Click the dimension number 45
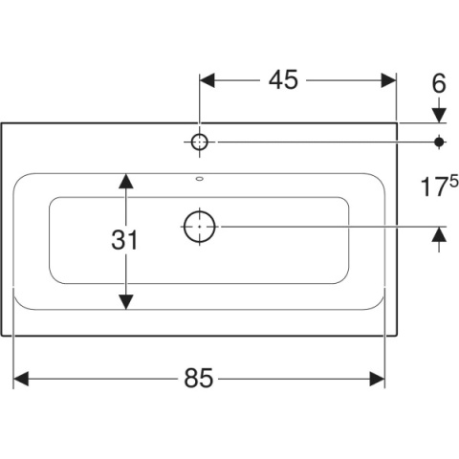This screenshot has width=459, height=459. (283, 79)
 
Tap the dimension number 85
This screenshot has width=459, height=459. (198, 379)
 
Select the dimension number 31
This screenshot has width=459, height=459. (124, 240)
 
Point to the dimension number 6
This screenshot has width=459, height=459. (439, 83)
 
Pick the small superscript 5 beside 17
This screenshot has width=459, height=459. (454, 183)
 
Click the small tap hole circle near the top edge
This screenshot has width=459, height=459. (200, 142)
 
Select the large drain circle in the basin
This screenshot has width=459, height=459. (200, 227)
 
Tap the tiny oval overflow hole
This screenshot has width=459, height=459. (200, 179)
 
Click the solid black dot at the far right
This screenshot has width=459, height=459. (439, 142)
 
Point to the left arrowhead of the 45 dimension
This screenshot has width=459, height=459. (208, 80)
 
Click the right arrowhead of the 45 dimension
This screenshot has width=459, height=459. (388, 80)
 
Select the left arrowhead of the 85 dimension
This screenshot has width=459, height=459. (21, 379)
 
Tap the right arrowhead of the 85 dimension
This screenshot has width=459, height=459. (378, 379)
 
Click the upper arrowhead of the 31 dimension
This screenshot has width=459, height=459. (126, 181)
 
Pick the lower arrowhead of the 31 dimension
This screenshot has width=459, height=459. (126, 302)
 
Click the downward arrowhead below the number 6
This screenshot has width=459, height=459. (439, 115)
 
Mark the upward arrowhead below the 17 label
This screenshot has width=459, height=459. (439, 234)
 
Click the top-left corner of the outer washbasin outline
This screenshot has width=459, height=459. (2, 123)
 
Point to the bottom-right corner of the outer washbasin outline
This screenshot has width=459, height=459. (398, 336)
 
